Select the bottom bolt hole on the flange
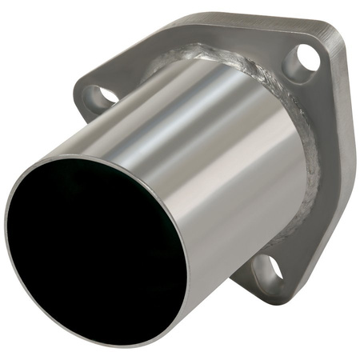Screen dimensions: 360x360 [x=270, y=270]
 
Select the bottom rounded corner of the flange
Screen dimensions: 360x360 [x=276, y=298]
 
